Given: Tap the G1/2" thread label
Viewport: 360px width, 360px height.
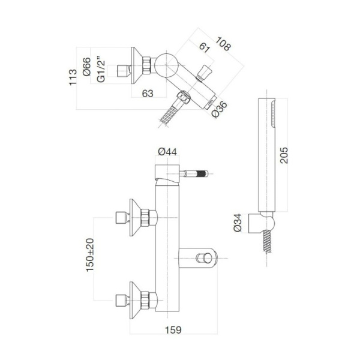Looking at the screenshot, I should pyautogui.click(x=101, y=70).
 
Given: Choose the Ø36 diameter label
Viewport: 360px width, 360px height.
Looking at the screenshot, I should pyautogui.click(x=219, y=111).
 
